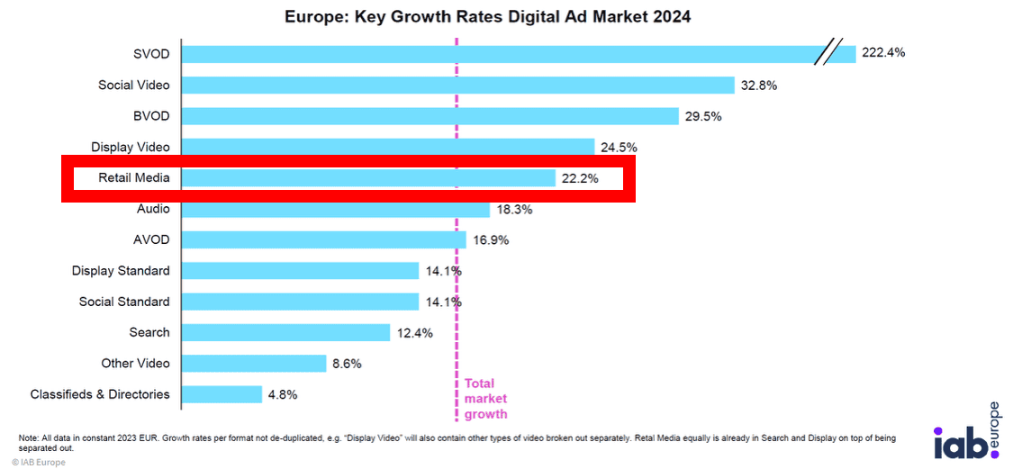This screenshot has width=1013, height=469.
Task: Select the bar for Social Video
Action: (458, 86)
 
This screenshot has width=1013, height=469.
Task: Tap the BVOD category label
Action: (151, 116)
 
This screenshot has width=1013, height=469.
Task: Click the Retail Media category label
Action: (134, 178)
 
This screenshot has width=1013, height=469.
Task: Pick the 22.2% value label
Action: (581, 178)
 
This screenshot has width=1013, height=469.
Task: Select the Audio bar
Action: (335, 209)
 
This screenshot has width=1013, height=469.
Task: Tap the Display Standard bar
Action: (300, 271)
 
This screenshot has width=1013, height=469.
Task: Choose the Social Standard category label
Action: (124, 302)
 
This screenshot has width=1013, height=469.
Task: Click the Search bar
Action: (285, 332)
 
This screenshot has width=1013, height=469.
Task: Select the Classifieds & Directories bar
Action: (222, 394)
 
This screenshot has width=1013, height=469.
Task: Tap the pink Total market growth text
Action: (485, 399)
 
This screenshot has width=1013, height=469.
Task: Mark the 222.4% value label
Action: (883, 53)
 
